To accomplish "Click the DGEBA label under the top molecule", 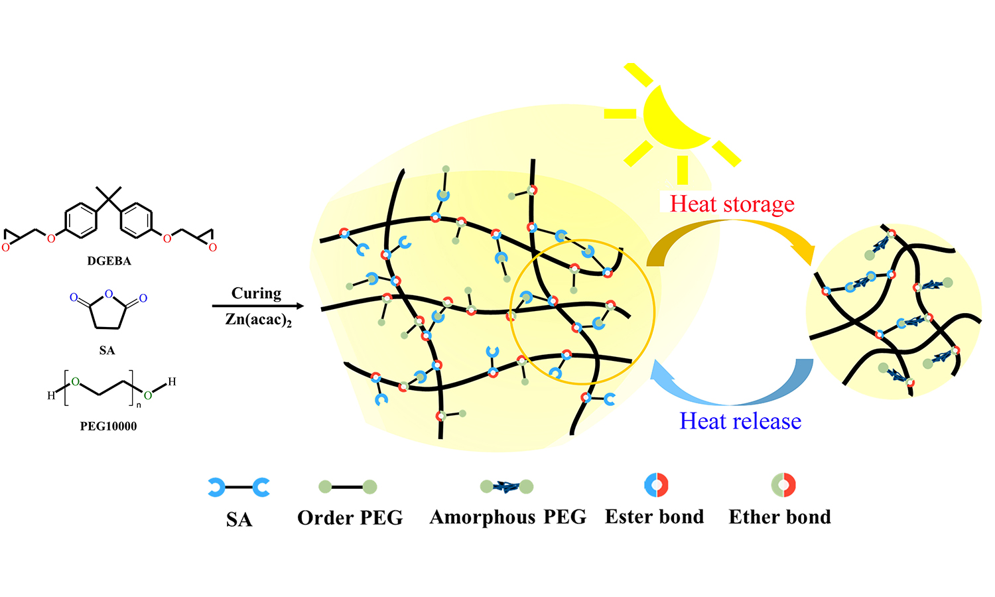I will [x=109, y=261].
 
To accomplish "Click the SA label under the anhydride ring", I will [x=107, y=350].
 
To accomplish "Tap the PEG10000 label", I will [x=108, y=427].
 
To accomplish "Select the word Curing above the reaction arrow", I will [x=256, y=293].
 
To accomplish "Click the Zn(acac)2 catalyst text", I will [x=258, y=320].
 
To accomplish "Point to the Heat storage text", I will [x=732, y=204].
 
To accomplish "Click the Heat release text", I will [x=740, y=421].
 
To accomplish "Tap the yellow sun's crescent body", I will [x=670, y=119].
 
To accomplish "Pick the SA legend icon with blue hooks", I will [x=239, y=488].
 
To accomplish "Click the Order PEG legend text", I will [x=350, y=518].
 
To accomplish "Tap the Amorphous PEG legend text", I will [x=507, y=517].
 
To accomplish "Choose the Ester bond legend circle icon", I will [x=657, y=485].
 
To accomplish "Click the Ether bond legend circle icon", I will [x=783, y=485].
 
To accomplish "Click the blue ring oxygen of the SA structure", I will [x=109, y=294].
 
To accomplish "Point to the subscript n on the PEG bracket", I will [x=139, y=405].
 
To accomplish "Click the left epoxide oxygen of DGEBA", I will [x=6, y=247].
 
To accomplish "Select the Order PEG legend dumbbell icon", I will [x=348, y=487].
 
